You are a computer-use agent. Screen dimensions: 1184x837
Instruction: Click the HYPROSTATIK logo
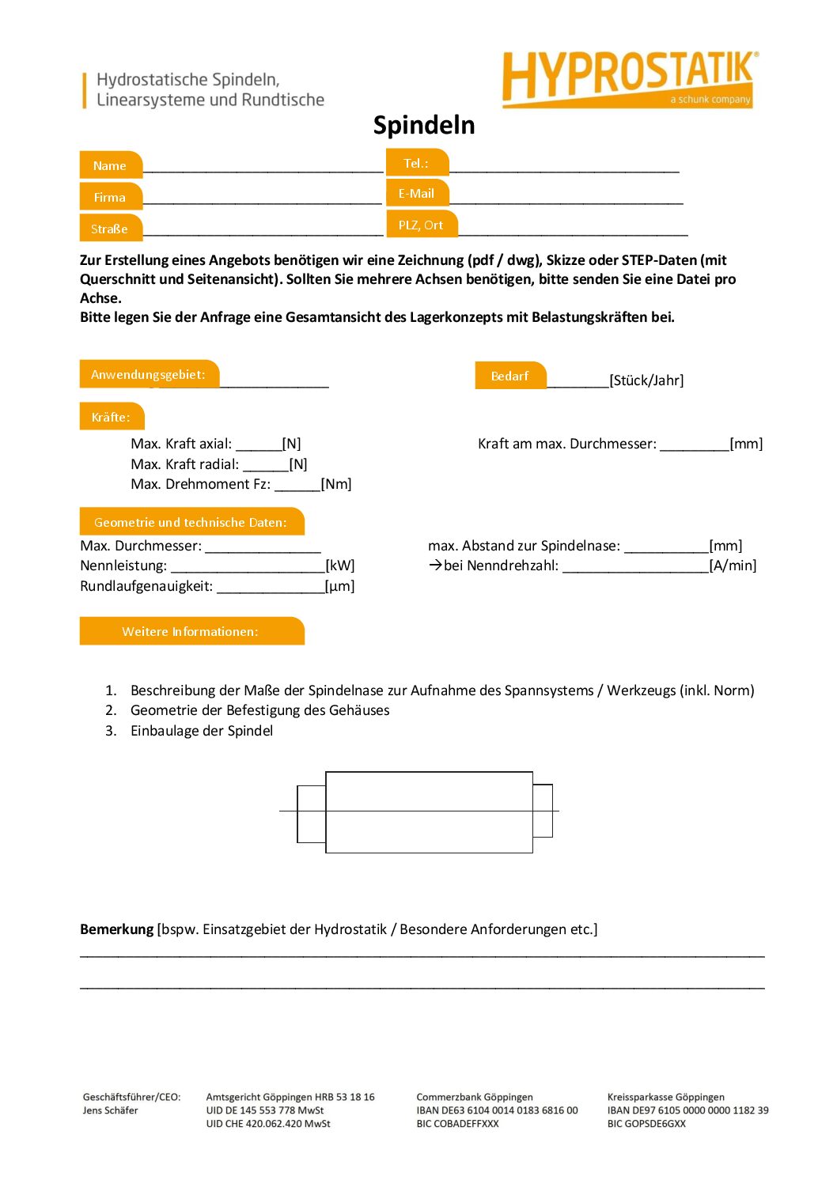(629, 78)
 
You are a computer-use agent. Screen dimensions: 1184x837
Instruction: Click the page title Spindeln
(424, 125)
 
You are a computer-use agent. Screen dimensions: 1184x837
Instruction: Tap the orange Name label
(110, 165)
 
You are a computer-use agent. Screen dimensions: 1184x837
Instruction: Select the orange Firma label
(110, 197)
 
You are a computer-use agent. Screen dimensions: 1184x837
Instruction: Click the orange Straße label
(110, 229)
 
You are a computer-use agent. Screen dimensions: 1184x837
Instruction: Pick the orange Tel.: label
(416, 163)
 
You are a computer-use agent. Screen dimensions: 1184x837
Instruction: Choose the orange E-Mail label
(416, 193)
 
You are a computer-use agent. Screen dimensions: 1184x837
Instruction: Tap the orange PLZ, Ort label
(421, 225)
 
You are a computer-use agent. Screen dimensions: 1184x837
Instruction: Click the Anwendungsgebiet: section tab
(148, 374)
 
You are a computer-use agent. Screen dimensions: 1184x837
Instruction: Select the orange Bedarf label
(509, 376)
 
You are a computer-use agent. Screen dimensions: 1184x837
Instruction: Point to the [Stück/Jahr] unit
(646, 380)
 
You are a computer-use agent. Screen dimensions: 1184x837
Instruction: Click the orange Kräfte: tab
(111, 417)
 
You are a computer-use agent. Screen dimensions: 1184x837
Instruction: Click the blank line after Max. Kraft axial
(259, 444)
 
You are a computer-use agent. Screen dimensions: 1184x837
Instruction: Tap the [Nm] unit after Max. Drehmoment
(336, 484)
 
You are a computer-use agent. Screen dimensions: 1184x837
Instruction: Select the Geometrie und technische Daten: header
(191, 522)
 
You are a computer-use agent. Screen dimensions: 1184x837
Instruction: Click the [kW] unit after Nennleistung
(340, 566)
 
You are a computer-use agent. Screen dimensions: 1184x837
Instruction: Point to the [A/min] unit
(733, 566)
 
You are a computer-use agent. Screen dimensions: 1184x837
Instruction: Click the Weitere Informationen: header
(191, 631)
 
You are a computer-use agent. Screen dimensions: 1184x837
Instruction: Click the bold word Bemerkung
(116, 929)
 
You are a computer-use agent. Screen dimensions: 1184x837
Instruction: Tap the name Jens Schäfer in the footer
(110, 1110)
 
